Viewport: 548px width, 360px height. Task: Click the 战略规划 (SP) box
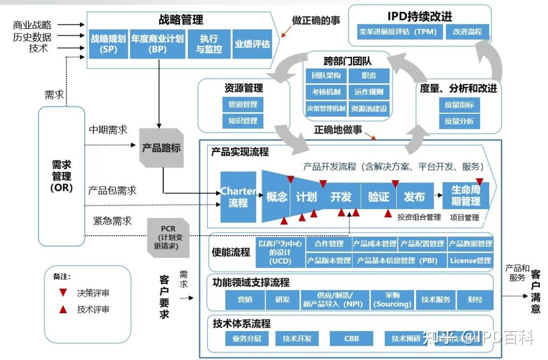[x=109, y=44]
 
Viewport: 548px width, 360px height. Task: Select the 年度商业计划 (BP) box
[x=157, y=44]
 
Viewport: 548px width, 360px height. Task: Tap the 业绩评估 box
[x=252, y=44]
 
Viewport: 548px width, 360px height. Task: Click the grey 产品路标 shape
[x=161, y=148]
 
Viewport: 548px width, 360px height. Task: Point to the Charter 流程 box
[x=238, y=197]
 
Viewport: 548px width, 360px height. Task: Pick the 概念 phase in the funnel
[x=277, y=197]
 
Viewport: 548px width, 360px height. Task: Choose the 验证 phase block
[x=378, y=197]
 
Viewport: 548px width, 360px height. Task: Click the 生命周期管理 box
[x=465, y=195]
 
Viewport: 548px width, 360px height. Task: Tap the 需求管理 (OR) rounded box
[x=61, y=176]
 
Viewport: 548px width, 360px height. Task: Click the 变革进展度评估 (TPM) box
[x=397, y=32]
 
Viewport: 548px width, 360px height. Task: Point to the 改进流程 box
[x=467, y=32]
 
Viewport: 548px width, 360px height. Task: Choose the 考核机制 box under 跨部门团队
[x=326, y=92]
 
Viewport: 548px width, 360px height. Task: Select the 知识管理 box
[x=243, y=121]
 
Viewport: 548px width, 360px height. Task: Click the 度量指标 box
[x=459, y=105]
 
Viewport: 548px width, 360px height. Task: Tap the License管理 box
[x=470, y=260]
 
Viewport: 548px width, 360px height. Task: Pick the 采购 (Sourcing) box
[x=392, y=300]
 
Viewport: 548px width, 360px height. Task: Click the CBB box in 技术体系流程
[x=351, y=338]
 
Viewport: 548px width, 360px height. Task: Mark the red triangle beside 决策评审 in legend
[x=63, y=293]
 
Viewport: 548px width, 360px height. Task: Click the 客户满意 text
[x=535, y=292]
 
